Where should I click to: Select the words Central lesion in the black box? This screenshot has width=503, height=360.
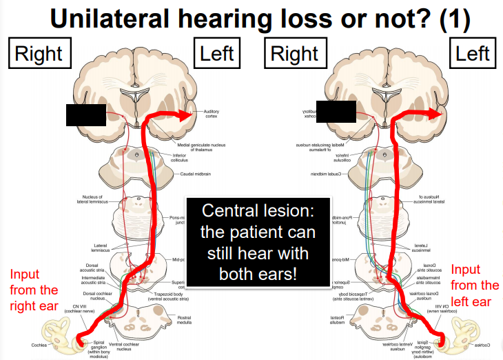click(254, 212)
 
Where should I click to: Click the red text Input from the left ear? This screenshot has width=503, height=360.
click(475, 285)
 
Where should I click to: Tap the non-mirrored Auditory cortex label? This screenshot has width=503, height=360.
click(211, 113)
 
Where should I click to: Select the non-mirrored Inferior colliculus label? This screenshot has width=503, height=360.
click(178, 157)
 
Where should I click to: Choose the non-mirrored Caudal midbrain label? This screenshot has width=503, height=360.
click(195, 174)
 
